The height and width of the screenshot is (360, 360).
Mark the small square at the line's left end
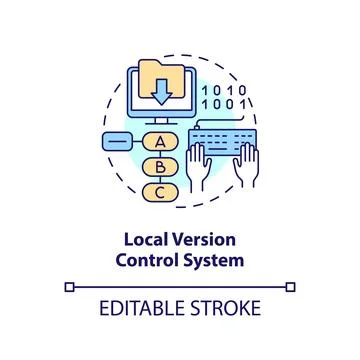pos(69,287)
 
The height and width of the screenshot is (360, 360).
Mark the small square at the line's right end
pos(291,287)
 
